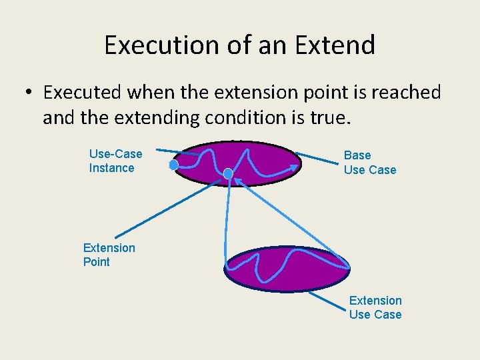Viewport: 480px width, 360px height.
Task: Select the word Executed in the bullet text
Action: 82,93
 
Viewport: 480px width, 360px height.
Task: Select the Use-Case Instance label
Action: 115,161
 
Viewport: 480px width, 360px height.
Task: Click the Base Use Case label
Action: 369,163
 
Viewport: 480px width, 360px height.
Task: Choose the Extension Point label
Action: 109,255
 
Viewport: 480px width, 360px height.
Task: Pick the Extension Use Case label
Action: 375,307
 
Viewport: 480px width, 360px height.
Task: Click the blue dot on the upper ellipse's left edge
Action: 173,164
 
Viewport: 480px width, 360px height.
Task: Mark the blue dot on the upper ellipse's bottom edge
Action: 228,174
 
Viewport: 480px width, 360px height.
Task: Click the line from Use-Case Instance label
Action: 170,151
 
